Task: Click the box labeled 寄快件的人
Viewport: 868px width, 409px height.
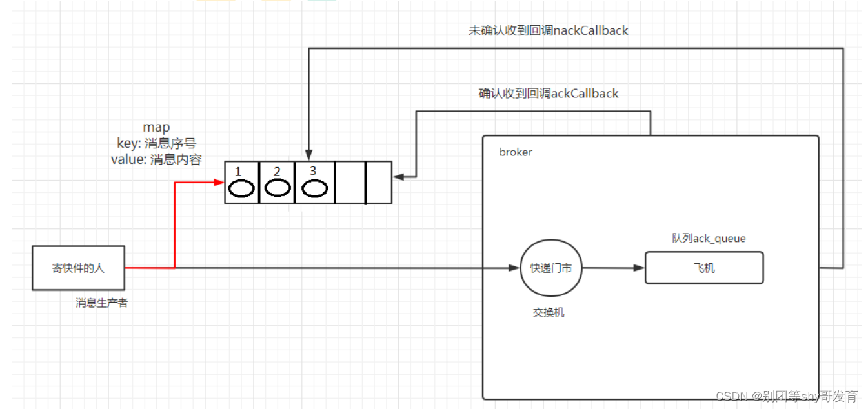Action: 78,268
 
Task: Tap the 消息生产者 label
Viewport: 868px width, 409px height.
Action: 101,303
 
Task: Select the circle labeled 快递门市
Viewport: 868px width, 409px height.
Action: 550,268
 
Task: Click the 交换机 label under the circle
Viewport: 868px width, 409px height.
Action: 549,312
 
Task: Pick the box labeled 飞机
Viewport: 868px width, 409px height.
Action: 703,268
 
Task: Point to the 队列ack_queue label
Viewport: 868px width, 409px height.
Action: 709,239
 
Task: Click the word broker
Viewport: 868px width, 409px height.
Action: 516,152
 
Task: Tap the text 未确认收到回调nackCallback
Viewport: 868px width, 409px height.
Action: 548,30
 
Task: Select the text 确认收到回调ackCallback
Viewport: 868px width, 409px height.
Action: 549,94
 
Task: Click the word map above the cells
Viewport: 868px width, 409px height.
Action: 156,128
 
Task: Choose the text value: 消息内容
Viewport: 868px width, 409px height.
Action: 156,159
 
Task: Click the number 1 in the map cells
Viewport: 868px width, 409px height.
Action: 238,172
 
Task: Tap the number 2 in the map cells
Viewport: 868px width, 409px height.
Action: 277,172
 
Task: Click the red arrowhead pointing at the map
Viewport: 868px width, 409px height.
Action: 219,183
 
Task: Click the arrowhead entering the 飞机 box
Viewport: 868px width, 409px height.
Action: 640,268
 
